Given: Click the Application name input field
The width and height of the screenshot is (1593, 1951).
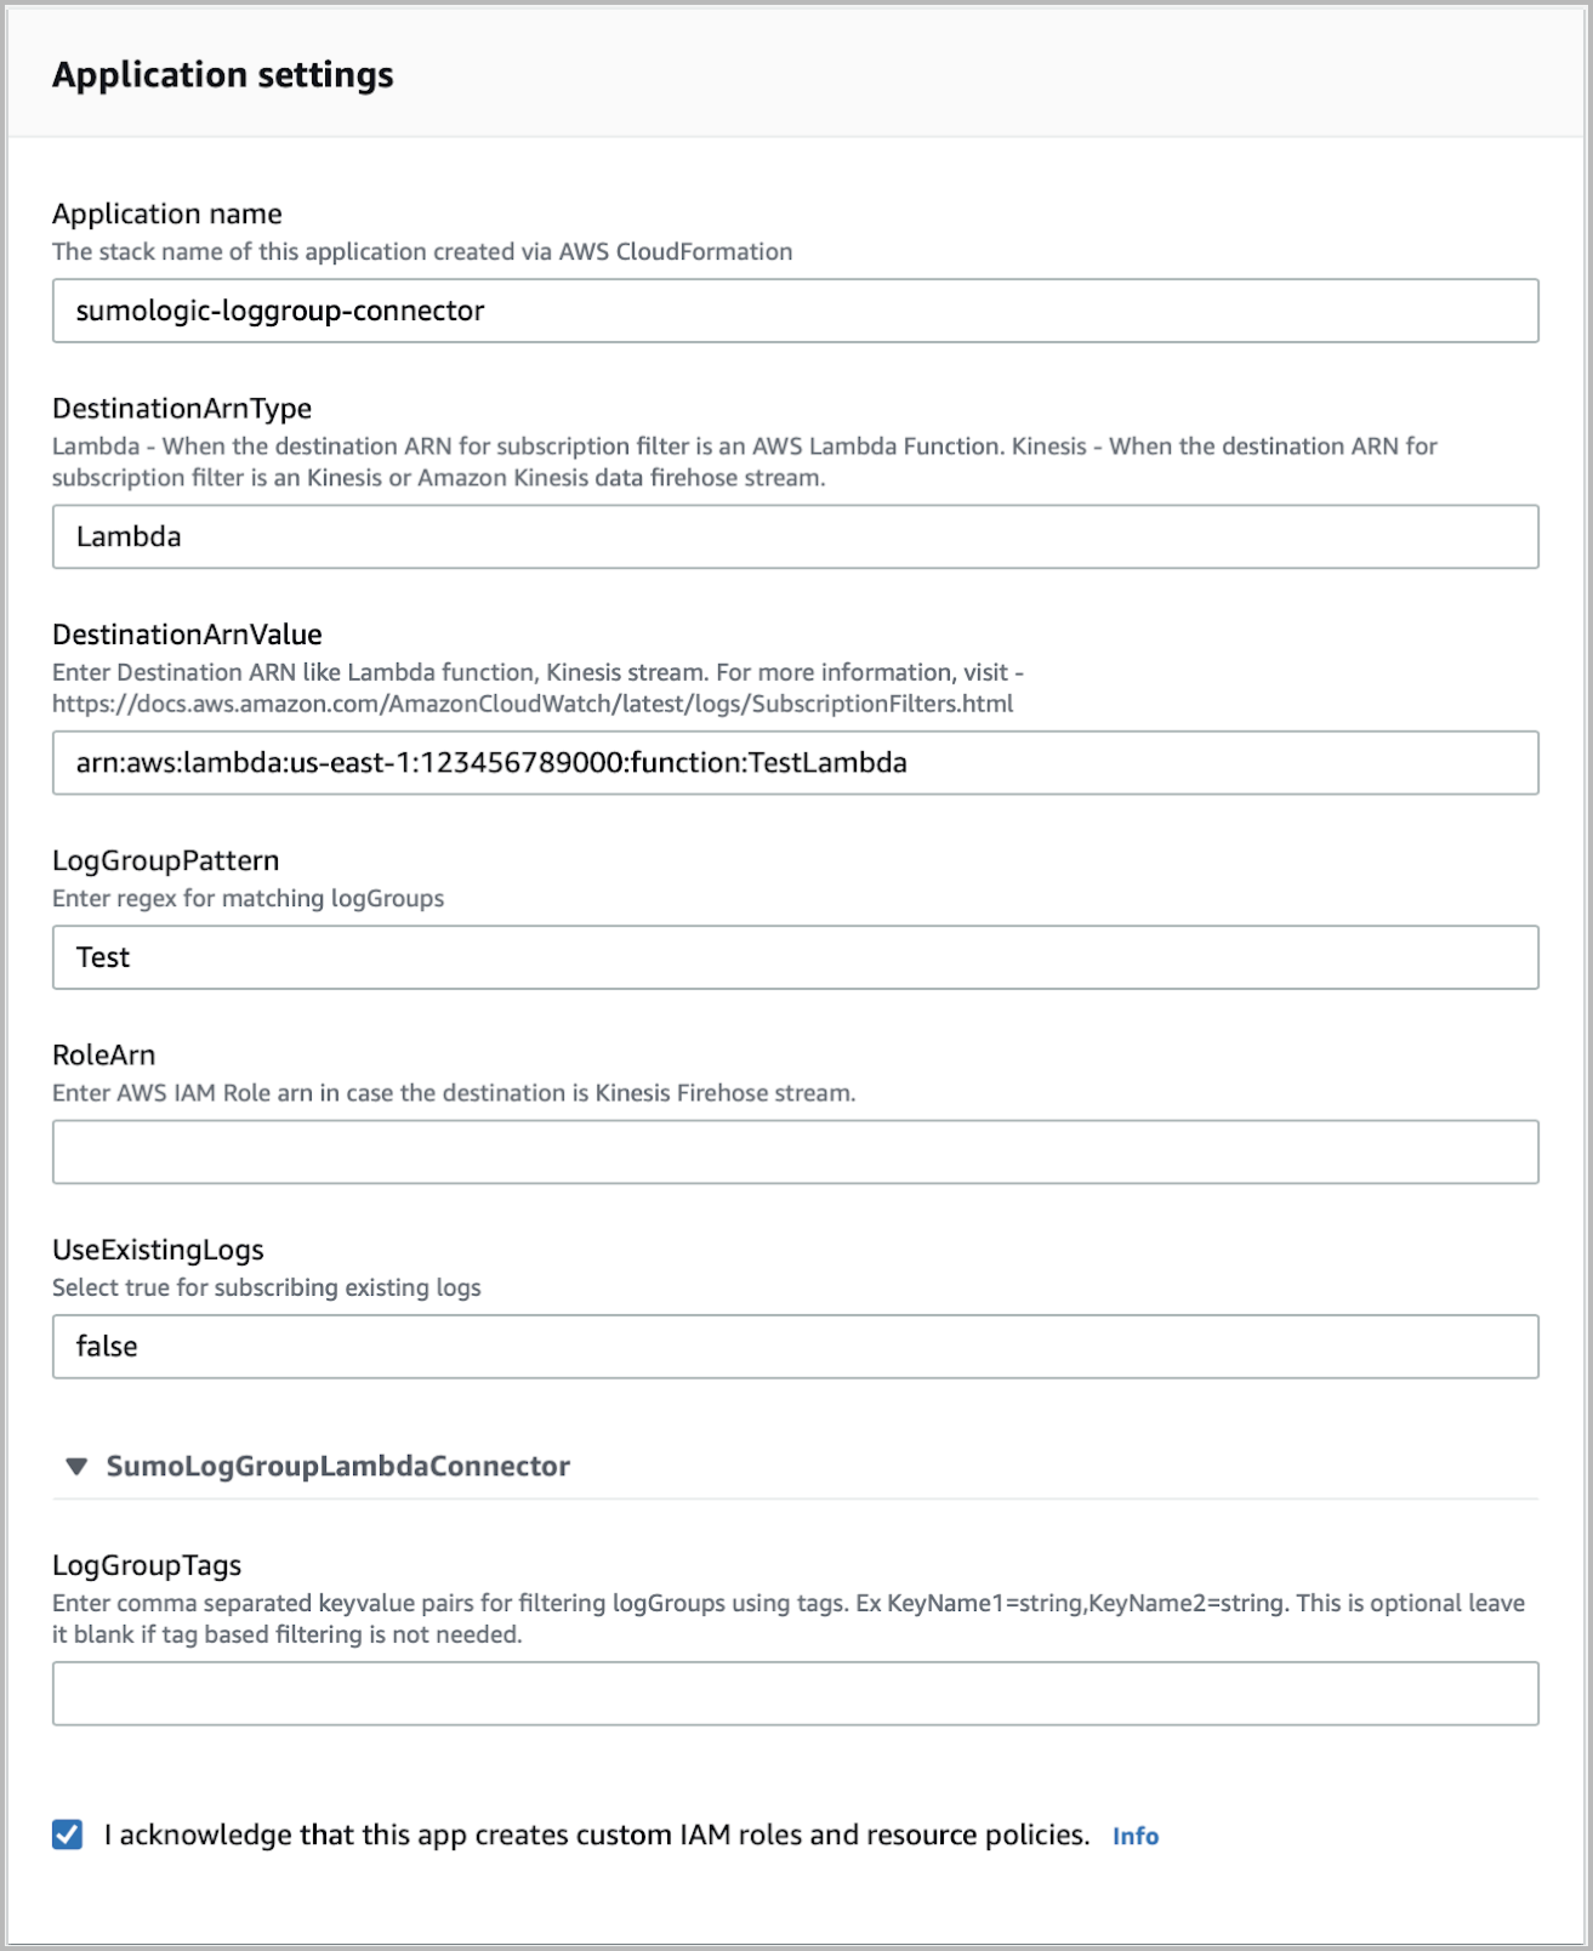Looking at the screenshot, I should [x=795, y=311].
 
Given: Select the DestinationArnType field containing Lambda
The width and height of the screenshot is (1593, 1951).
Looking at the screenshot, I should [x=795, y=537].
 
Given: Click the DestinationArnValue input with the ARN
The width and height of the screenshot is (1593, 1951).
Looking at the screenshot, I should [x=795, y=763].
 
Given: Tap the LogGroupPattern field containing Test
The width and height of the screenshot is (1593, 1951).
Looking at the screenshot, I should [x=795, y=957].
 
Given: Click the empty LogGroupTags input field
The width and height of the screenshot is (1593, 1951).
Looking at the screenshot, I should [x=795, y=1693].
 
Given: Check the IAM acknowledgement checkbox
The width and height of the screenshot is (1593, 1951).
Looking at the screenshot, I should [x=67, y=1835].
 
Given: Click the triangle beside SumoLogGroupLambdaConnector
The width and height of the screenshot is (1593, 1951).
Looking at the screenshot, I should [x=77, y=1466].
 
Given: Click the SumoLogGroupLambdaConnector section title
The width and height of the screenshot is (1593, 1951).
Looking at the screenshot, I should [x=338, y=1466].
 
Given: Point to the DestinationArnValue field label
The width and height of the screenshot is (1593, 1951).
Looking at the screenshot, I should [x=187, y=634].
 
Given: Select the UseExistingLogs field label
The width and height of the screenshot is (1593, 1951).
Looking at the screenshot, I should [x=158, y=1249].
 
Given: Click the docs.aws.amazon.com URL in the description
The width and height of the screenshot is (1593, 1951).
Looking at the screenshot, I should [x=532, y=704].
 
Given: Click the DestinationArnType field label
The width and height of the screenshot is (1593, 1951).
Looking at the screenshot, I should [x=182, y=408].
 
